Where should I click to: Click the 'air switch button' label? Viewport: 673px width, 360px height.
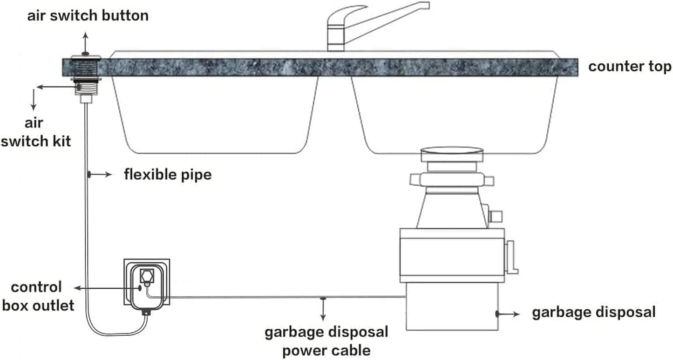88,16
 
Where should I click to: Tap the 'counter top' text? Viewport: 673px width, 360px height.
630,67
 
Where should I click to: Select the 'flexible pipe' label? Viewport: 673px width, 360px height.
168,175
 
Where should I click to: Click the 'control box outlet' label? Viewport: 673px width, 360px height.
38,296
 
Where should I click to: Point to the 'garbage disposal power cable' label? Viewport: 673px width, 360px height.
326,341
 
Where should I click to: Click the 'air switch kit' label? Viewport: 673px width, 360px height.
35,132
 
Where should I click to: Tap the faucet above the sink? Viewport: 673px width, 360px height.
363,26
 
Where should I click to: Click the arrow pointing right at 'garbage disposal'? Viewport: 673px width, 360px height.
509,314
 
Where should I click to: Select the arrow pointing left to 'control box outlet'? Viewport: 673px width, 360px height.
107,289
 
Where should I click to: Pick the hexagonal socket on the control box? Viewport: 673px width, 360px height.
146,275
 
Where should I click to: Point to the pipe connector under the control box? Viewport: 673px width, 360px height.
146,312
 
